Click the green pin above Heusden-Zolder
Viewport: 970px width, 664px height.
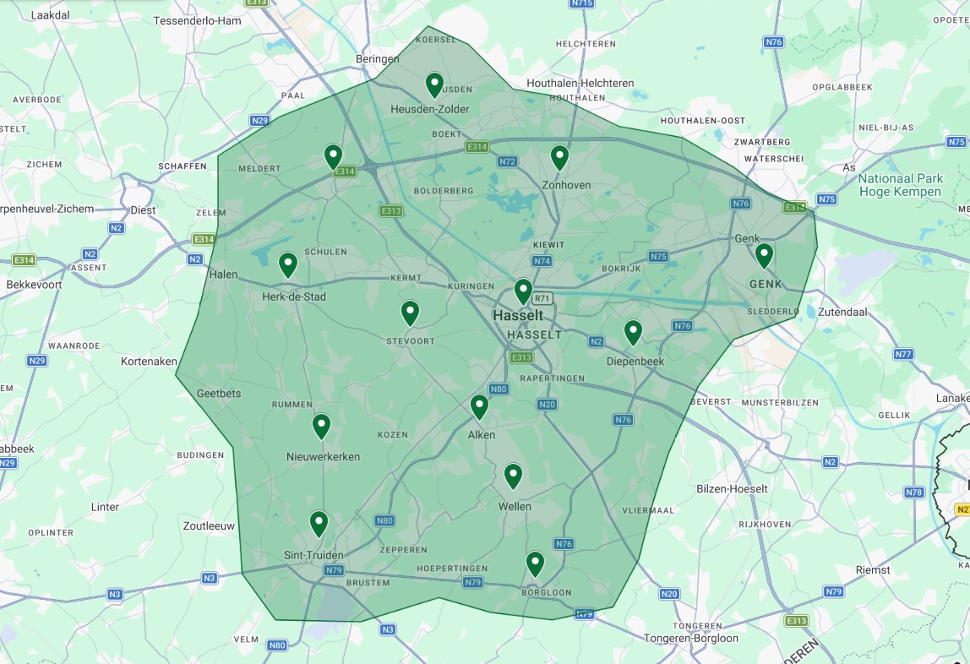tap(434, 84)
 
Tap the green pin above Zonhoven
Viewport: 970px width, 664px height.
tap(559, 157)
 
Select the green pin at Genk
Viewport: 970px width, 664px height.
tap(764, 255)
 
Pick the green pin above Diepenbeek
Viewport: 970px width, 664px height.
tap(633, 332)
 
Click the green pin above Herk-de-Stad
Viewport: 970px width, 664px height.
tap(288, 264)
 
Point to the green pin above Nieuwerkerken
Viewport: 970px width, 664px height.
tap(321, 426)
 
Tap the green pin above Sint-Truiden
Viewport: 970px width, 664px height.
tap(319, 524)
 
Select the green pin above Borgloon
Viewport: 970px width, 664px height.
tap(535, 563)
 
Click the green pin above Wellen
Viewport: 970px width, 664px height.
tap(513, 476)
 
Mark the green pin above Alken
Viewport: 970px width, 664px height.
tap(479, 407)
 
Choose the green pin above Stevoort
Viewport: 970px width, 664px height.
tap(410, 313)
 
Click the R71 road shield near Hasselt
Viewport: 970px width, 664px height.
tap(542, 298)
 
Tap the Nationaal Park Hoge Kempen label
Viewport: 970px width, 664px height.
tap(899, 185)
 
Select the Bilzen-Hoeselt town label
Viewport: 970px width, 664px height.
tap(732, 489)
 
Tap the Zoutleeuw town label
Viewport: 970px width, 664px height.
tap(208, 525)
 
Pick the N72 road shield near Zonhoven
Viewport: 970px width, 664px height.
tap(507, 161)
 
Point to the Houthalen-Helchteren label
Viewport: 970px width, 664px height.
tap(580, 83)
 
